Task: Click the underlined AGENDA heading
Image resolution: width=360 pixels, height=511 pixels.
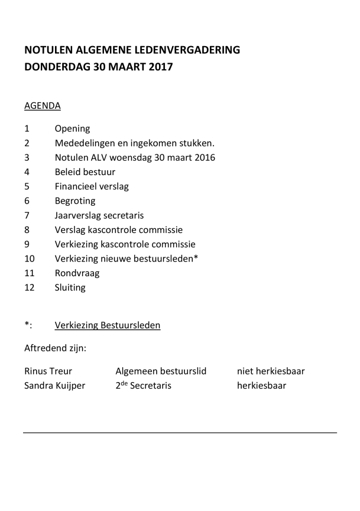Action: coord(42,106)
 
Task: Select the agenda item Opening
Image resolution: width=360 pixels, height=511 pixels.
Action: coord(72,128)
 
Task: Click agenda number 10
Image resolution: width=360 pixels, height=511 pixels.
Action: coord(30,258)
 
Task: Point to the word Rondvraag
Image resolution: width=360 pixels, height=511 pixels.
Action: coord(77,273)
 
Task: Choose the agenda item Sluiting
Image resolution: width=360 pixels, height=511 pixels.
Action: coord(70,287)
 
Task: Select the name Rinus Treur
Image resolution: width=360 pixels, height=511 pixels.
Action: coord(48,371)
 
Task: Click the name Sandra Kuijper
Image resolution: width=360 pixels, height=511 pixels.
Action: coord(54,386)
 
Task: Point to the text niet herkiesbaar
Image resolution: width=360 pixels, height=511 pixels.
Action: coord(271,371)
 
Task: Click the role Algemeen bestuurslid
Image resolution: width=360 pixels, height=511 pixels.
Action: coord(161,371)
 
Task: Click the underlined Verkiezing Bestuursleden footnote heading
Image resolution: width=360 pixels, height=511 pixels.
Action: coord(107,325)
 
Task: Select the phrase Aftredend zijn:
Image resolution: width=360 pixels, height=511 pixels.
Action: coord(55,348)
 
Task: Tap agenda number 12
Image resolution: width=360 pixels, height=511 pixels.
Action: coord(30,287)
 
